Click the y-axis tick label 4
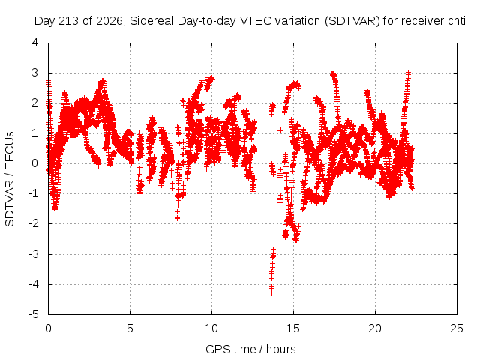pos(35,43)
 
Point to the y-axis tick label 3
pos(35,73)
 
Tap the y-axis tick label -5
pos(34,314)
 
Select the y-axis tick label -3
pos(34,253)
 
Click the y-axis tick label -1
pos(34,193)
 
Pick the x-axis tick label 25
pos(457,328)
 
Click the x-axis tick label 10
pos(211,328)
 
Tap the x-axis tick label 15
pos(293,328)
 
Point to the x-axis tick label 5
pos(130,328)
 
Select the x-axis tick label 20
pos(375,328)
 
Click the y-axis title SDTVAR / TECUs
pos(10,179)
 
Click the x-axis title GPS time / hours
pos(250,349)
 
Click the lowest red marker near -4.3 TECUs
pos(271,292)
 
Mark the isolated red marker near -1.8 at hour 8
pos(177,218)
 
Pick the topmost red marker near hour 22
pos(408,73)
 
